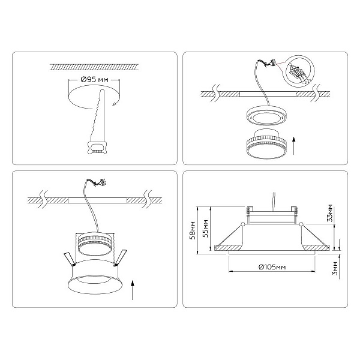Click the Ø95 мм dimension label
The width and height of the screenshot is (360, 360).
[x=95, y=80]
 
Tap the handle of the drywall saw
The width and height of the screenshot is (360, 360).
[x=97, y=147]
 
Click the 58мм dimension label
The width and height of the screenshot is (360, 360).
[x=193, y=230]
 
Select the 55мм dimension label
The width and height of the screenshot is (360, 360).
[x=205, y=229]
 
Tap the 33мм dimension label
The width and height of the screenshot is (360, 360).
[x=330, y=212]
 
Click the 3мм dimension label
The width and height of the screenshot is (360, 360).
[x=335, y=268]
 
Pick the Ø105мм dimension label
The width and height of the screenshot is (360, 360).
[x=272, y=267]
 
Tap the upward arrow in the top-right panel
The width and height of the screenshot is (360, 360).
[x=293, y=146]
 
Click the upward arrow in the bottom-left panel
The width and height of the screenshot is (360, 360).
[x=132, y=290]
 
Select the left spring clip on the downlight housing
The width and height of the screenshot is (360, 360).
[x=69, y=259]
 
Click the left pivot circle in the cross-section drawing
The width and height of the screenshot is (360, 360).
[x=242, y=224]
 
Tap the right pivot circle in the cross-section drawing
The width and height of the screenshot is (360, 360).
[x=301, y=224]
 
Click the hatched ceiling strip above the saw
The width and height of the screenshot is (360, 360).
[x=94, y=67]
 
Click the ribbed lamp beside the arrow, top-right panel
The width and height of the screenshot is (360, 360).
[x=266, y=144]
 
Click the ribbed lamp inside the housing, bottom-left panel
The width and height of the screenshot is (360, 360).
[x=95, y=244]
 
